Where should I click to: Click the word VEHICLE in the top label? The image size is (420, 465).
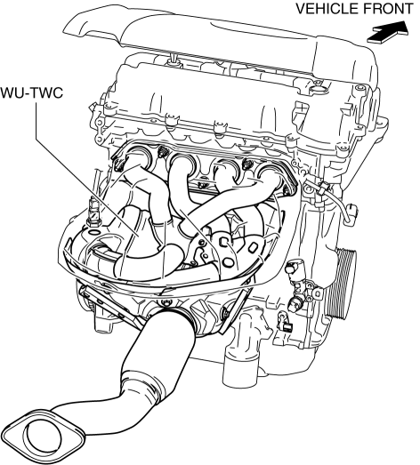(x=327, y=9)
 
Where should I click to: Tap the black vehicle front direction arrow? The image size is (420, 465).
(x=388, y=33)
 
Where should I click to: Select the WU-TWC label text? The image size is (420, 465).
(x=32, y=92)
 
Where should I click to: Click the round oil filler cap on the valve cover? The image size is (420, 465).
(x=318, y=88)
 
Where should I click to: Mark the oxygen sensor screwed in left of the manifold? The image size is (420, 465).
(x=93, y=212)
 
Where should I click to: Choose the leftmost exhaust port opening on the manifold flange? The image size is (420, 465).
(x=139, y=155)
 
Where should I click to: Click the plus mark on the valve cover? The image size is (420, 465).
(x=302, y=108)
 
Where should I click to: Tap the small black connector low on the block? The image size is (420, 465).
(x=287, y=327)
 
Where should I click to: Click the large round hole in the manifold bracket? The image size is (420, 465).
(x=228, y=262)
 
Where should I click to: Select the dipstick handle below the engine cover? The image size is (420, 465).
(x=173, y=57)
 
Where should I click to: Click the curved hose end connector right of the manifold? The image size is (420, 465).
(x=351, y=212)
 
